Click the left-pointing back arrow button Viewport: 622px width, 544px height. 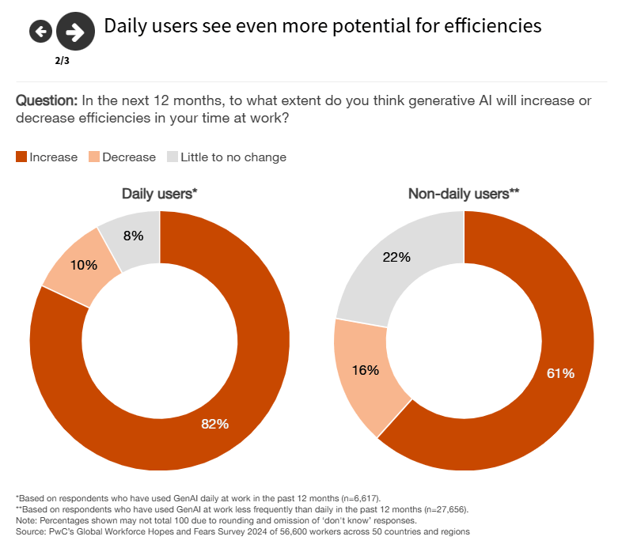tap(40, 32)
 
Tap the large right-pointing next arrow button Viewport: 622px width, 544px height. tap(75, 32)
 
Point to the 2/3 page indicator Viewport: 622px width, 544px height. tap(62, 60)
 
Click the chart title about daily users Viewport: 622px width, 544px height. tap(323, 26)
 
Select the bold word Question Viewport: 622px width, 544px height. tap(46, 101)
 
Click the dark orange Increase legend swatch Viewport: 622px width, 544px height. tap(21, 157)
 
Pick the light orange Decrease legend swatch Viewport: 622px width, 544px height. tap(93, 157)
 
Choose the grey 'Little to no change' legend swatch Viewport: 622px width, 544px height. tap(172, 157)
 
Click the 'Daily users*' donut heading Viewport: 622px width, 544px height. tap(159, 194)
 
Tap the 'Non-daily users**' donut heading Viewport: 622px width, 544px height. tap(463, 194)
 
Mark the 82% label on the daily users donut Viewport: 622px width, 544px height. tap(214, 424)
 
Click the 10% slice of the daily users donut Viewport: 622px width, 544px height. tap(83, 265)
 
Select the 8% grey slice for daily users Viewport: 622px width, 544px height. tap(134, 235)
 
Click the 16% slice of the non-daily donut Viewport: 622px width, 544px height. tap(365, 369)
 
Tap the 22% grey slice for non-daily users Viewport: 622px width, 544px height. tap(396, 257)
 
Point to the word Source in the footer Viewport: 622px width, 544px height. tap(30, 531)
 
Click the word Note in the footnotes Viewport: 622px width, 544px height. tap(26, 520)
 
